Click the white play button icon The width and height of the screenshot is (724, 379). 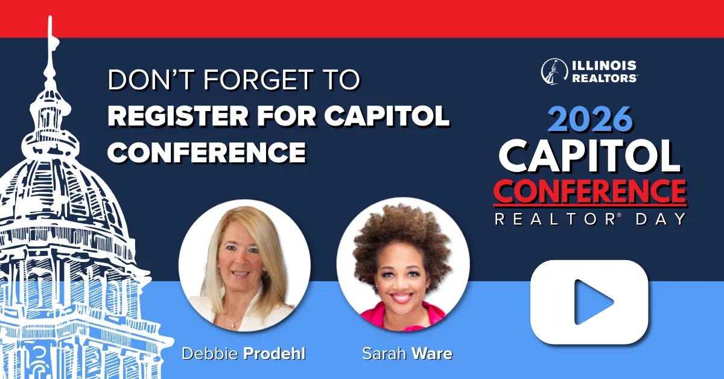coord(589,302)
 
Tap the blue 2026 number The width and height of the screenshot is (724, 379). coord(590,119)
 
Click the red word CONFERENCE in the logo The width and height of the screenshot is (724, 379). coord(590,191)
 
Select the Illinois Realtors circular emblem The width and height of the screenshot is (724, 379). coord(554,71)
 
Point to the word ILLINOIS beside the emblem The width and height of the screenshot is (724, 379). coord(604,66)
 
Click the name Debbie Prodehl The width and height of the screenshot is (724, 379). coord(244,354)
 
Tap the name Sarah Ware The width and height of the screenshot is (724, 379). coord(407,354)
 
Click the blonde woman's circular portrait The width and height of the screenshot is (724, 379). coord(245,265)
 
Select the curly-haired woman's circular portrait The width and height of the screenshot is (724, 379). coord(403,264)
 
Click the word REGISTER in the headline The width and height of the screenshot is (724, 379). coord(178,116)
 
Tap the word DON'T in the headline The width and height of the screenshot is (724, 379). coord(152,79)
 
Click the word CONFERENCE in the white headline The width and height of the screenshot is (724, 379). coord(207,152)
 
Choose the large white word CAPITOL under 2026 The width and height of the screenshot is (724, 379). coord(590,156)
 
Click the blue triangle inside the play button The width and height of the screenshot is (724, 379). coord(592,302)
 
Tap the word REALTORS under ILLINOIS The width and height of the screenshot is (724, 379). coord(605,78)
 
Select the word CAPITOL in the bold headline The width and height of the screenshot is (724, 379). coord(387,116)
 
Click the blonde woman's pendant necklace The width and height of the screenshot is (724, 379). coord(232,326)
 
